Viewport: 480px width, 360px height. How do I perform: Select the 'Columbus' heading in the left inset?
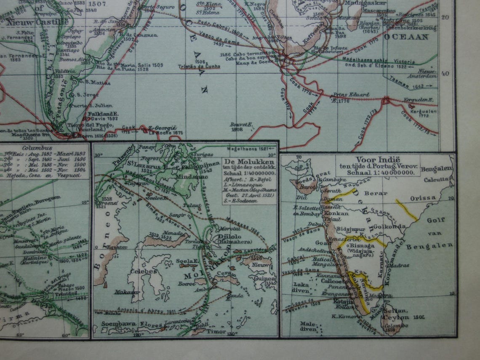coord(38,148)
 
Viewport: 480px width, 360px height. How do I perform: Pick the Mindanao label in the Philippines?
coord(195,177)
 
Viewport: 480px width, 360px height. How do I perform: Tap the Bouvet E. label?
coord(241,124)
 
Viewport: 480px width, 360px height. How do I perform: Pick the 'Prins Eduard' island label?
coord(345,95)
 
